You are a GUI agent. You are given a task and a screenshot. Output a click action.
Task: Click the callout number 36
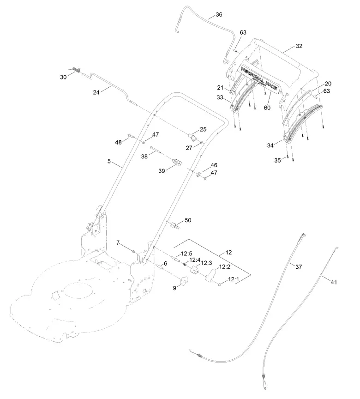218,14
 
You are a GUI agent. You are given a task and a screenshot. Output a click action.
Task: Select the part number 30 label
63,77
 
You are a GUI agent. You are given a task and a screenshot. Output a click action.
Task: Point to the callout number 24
96,92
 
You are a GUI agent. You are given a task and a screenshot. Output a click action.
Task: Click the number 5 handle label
109,161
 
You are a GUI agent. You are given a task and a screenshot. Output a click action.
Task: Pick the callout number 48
119,142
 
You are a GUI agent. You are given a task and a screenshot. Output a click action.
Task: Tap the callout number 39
162,171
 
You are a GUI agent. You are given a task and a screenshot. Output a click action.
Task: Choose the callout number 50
188,220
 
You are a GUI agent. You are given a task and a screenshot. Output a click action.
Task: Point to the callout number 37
299,266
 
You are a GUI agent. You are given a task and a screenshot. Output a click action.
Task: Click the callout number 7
118,242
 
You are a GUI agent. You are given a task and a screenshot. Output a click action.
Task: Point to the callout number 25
203,129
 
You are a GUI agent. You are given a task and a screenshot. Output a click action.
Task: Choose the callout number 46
214,165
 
